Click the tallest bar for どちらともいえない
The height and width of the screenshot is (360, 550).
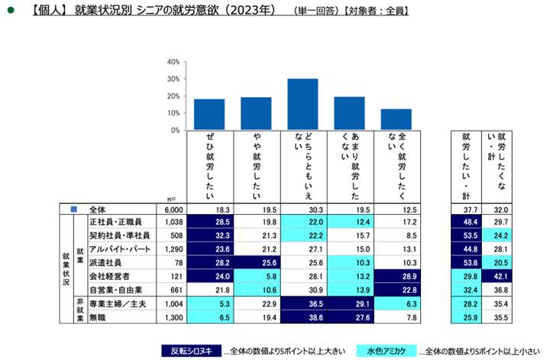coord(302,104)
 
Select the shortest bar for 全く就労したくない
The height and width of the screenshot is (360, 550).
coord(396,119)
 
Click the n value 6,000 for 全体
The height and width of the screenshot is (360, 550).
coord(172,208)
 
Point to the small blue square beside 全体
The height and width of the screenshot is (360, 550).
coord(73,208)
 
